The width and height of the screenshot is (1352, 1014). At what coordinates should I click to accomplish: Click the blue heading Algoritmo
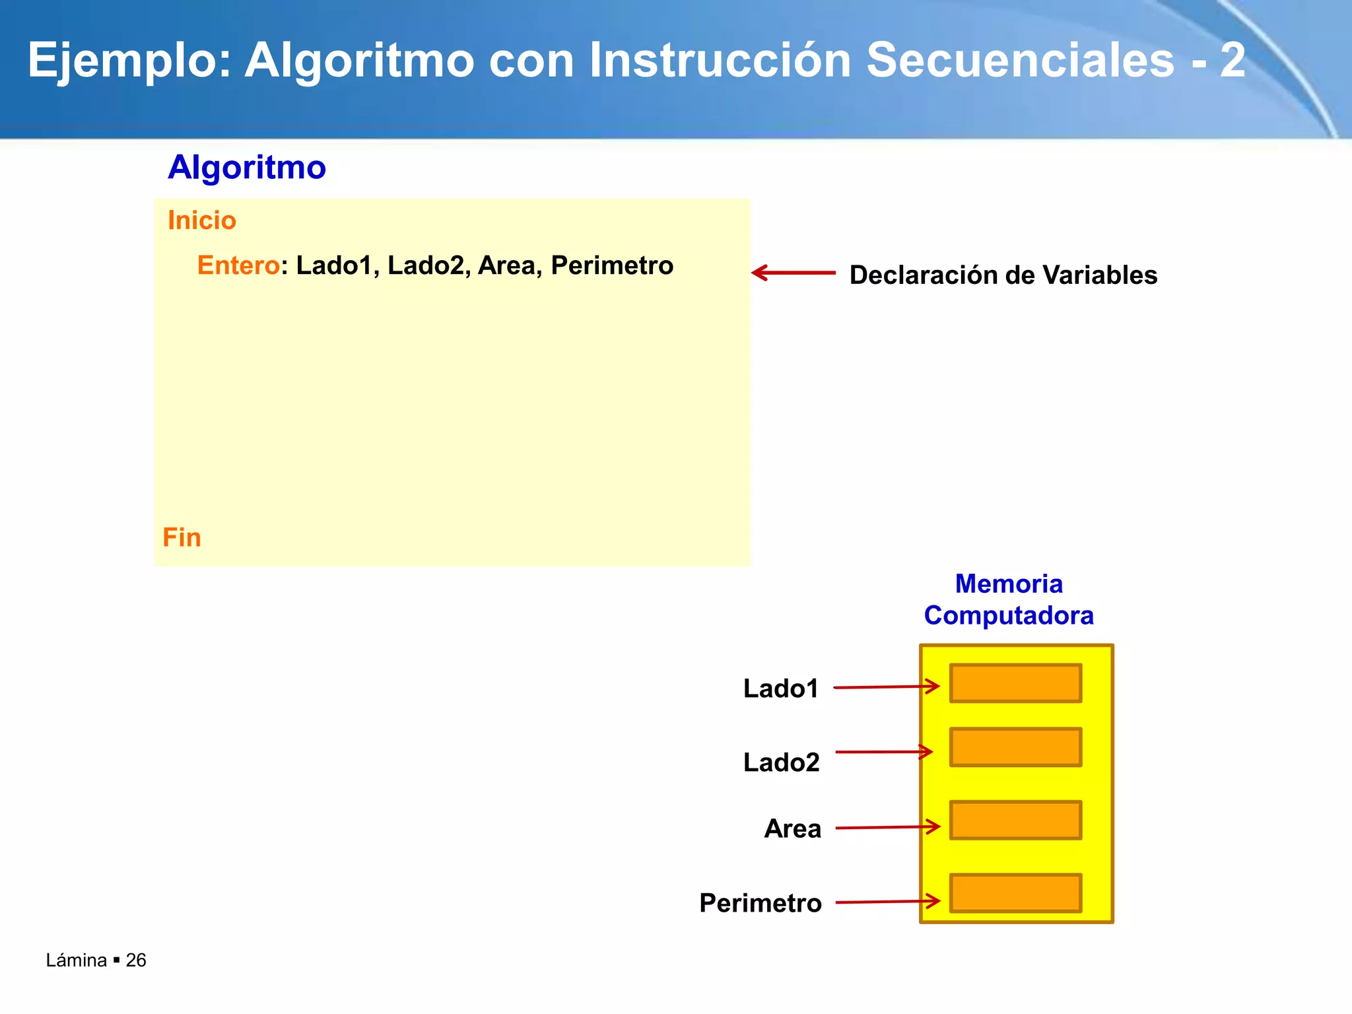[x=247, y=167]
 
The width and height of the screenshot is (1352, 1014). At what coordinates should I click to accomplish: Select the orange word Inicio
[x=202, y=220]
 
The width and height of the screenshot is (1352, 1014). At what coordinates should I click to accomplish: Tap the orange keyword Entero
[x=238, y=265]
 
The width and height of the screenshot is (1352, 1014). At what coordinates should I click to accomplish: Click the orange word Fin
[x=182, y=537]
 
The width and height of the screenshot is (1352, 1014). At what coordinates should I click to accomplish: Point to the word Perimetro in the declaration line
[x=612, y=265]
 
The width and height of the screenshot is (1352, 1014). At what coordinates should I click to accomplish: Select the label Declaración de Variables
[x=1003, y=275]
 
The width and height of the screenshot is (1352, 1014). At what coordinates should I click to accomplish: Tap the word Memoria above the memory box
[x=1009, y=584]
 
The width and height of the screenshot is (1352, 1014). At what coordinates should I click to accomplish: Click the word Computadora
[x=1009, y=615]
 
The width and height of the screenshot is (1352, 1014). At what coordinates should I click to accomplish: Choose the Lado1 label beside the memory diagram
[x=781, y=689]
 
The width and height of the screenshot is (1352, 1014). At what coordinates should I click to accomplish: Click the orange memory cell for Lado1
[x=1015, y=683]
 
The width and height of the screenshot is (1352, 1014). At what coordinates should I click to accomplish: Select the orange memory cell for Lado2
[x=1015, y=747]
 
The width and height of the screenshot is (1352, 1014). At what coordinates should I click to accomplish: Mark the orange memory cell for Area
[x=1015, y=820]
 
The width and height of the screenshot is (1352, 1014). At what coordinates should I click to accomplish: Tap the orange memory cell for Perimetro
[x=1015, y=893]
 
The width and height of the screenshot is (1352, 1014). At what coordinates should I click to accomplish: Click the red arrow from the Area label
[x=887, y=827]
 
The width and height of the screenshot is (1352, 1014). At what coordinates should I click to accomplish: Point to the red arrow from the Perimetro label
[x=887, y=902]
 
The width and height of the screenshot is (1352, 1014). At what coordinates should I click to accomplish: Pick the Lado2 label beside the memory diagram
[x=781, y=762]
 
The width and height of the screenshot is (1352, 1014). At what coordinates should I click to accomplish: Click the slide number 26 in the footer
[x=136, y=960]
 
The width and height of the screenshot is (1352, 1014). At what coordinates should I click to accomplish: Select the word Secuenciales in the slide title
[x=1021, y=61]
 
